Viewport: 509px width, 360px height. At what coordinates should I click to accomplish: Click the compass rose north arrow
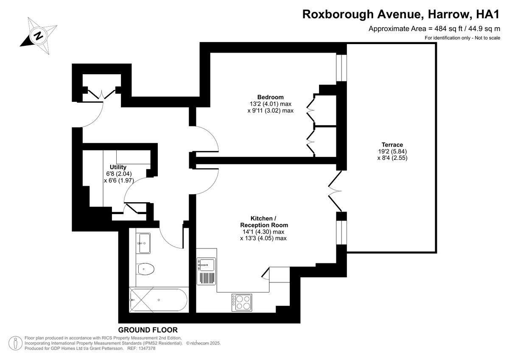tap(38, 35)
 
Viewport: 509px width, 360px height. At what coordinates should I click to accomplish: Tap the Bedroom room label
tap(270, 97)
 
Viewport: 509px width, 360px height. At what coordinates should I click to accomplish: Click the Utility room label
tap(118, 167)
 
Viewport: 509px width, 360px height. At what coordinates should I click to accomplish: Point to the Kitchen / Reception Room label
tap(264, 221)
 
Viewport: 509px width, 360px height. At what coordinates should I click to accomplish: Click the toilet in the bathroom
tap(146, 268)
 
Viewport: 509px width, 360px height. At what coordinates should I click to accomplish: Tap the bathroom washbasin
tap(144, 243)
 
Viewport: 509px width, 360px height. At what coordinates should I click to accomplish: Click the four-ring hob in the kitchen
tap(241, 302)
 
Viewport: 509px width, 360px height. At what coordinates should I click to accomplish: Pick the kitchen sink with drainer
tap(206, 271)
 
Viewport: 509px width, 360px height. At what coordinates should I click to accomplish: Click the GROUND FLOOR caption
tap(148, 330)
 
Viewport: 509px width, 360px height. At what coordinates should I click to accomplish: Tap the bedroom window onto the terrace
tap(341, 67)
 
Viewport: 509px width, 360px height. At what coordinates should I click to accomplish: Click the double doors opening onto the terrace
tap(336, 191)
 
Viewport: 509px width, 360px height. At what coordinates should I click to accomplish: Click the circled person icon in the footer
tap(16, 343)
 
